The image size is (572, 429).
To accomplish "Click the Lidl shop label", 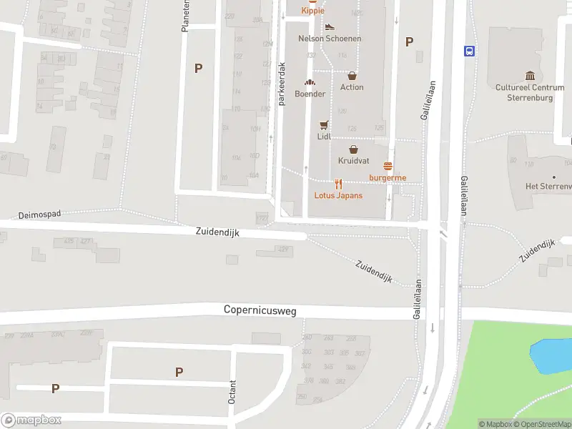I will tap(324, 136).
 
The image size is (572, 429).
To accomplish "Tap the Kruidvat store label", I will tap(352, 160).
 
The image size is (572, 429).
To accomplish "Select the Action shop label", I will tap(352, 87).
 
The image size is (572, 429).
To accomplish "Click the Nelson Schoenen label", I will tap(330, 39).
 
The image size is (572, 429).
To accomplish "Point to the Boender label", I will tap(310, 94).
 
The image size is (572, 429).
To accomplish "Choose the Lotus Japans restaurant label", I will tap(338, 195).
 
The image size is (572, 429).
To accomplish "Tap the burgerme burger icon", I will tap(388, 167).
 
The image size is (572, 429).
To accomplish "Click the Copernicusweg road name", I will tap(260, 310).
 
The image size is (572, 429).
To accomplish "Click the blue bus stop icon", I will tap(470, 50).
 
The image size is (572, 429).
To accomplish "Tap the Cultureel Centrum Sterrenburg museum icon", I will tap(530, 76).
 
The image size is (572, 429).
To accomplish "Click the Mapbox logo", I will tap(31, 420).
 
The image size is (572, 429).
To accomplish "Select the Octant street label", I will tap(232, 392).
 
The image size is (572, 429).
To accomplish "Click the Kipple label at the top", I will tap(312, 11).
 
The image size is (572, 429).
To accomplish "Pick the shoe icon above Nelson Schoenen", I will tap(329, 27).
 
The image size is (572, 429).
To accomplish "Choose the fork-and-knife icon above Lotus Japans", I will tap(338, 184).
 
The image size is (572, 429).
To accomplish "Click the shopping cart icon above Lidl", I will tap(324, 124).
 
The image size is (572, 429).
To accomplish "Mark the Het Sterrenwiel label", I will tap(548, 187).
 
